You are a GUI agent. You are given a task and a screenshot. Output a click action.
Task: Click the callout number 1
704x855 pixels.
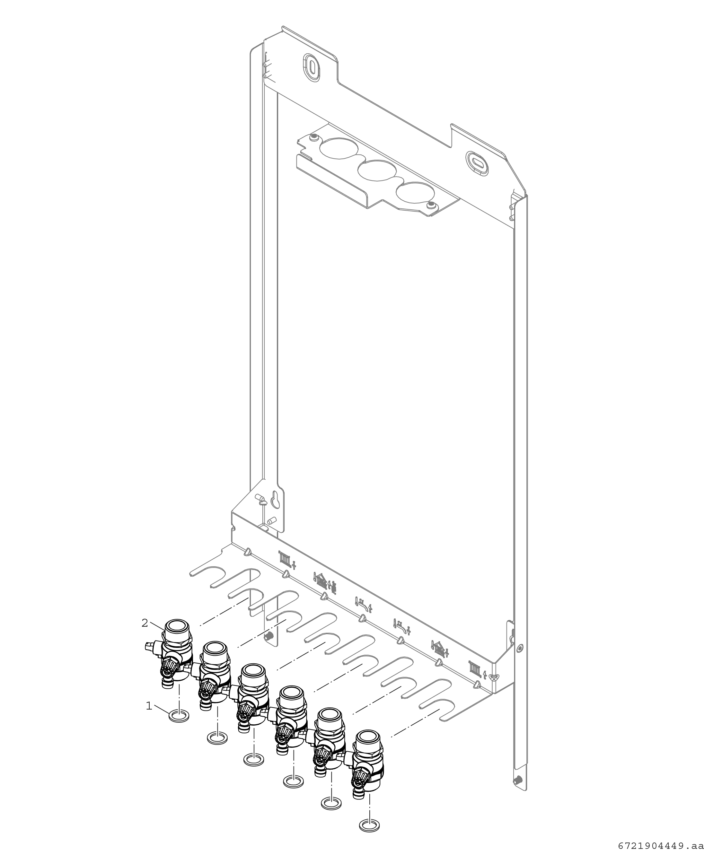(149, 706)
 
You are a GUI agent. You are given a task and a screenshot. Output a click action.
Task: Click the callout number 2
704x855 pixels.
(145, 623)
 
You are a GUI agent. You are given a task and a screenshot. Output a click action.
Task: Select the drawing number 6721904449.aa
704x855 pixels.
(661, 846)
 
